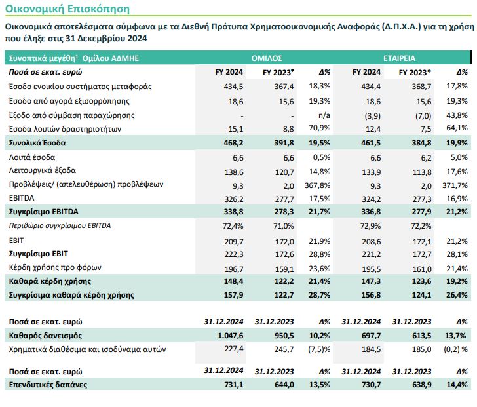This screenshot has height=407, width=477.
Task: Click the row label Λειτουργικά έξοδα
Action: point(41,172)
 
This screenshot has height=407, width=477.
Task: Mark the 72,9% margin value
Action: point(367,226)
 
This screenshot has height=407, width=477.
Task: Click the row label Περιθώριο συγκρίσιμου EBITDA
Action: point(60,226)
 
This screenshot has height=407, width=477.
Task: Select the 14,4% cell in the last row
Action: point(457,385)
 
